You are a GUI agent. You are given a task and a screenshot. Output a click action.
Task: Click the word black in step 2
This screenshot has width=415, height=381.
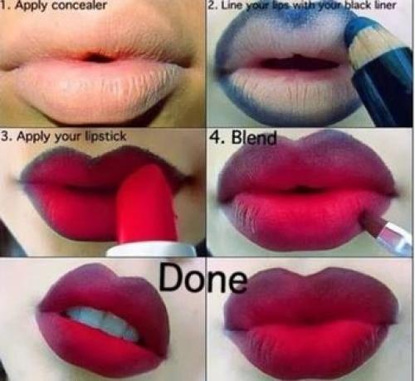pos(358,5)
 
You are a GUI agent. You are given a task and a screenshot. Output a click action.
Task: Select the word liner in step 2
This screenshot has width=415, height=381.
pos(385,5)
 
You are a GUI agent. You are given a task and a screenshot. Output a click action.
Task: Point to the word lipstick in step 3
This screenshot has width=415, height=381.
pos(105,136)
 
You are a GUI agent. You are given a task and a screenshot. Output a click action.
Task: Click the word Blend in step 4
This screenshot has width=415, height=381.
pos(254,137)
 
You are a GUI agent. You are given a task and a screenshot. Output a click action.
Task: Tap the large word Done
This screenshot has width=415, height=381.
pos(203,277)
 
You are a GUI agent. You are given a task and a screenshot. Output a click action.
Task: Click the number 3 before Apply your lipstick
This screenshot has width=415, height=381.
pos(5,136)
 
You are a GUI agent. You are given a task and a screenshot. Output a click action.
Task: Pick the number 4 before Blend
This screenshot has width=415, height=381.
pos(216,137)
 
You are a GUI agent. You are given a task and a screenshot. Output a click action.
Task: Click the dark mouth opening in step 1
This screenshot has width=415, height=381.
pos(97,57)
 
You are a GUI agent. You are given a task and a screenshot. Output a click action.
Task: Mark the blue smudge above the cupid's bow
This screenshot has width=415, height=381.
pos(299,17)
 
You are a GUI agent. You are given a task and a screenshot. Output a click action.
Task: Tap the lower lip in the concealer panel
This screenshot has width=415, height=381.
pos(97,91)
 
